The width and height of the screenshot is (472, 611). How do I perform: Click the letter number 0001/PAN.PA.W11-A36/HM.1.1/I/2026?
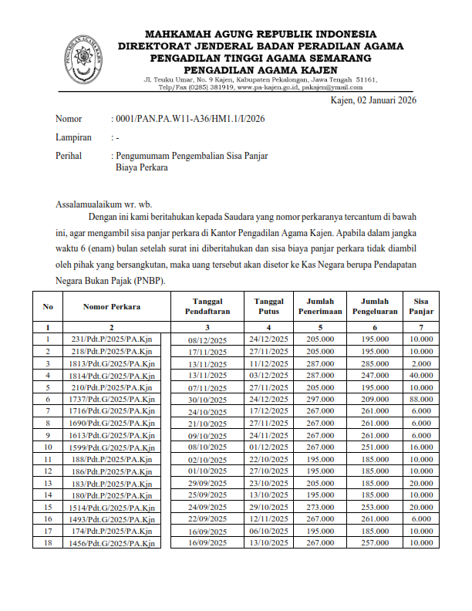190,119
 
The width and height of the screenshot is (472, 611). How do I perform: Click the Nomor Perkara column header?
112,306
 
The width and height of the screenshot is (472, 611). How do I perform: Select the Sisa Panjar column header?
421,306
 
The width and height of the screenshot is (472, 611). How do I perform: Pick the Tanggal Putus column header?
268,306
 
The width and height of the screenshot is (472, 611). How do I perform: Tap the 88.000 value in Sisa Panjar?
421,399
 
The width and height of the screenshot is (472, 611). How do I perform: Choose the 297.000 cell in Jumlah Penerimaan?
319,399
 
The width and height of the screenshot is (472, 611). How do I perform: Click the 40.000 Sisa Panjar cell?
421,375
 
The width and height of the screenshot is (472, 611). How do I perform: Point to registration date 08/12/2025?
207,339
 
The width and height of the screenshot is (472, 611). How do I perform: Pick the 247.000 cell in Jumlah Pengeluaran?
373,375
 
